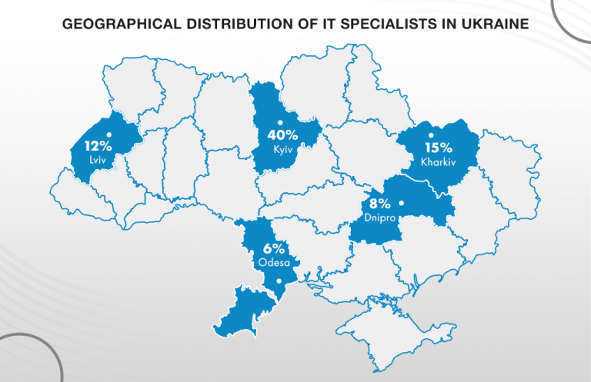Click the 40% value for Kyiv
(282, 135)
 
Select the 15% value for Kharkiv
(437, 148)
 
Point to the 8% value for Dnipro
(380, 204)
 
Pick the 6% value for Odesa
(273, 248)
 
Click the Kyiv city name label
(283, 149)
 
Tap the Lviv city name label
(96, 160)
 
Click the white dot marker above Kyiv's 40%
(281, 122)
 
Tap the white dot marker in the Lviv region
(109, 135)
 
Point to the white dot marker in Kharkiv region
(430, 135)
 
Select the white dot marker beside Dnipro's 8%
(402, 204)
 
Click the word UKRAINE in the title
(492, 24)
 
